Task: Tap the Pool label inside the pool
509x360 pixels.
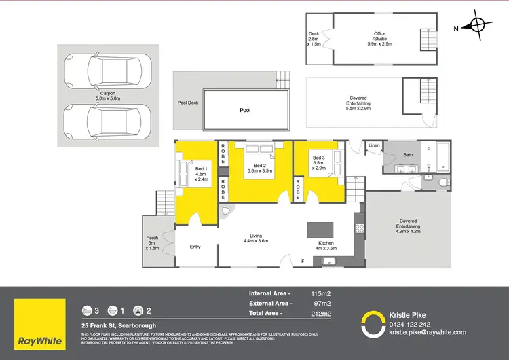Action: click(244, 109)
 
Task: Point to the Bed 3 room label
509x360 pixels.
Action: click(318, 162)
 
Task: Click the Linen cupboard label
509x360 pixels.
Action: click(374, 146)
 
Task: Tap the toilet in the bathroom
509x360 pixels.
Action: click(444, 182)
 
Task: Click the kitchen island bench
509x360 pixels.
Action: click(318, 230)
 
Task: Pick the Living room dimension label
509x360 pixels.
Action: click(255, 238)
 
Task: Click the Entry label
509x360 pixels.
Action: click(195, 247)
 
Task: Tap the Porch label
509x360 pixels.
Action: click(152, 242)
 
